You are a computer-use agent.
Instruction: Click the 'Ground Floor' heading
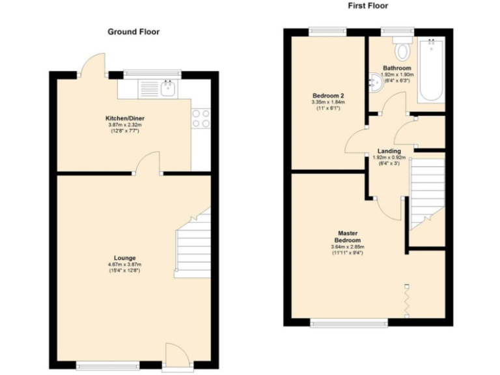(133, 31)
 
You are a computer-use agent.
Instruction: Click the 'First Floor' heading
(368, 6)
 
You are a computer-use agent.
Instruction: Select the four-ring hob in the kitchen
(201, 118)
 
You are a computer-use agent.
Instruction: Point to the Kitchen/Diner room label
(123, 118)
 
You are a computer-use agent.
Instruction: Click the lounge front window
(107, 366)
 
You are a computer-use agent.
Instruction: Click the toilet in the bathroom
(401, 49)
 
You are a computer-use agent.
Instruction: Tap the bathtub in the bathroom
(430, 70)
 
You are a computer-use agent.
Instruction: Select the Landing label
(389, 151)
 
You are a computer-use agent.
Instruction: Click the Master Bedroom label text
(348, 236)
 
